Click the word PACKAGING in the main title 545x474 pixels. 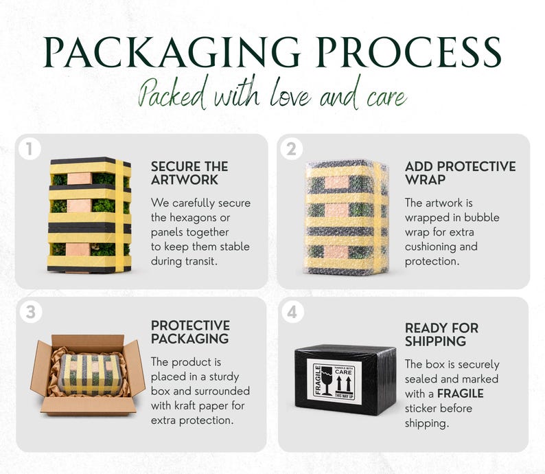click(172, 52)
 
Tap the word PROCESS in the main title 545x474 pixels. click(409, 52)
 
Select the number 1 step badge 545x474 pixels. click(30, 149)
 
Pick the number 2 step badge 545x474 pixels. click(291, 149)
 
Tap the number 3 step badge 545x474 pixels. click(31, 312)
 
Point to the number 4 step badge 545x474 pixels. click(292, 312)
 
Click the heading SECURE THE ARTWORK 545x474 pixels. click(189, 173)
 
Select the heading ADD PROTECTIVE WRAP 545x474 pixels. click(460, 173)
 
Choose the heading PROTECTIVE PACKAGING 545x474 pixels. click(190, 332)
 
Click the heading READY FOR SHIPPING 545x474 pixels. click(441, 335)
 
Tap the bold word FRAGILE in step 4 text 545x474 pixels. click(460, 394)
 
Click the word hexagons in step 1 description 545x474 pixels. click(190, 218)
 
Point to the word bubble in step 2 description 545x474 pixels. click(482, 217)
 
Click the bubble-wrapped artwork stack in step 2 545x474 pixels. click(347, 218)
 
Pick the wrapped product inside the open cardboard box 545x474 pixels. click(91, 374)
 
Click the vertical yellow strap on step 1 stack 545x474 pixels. click(119, 216)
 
